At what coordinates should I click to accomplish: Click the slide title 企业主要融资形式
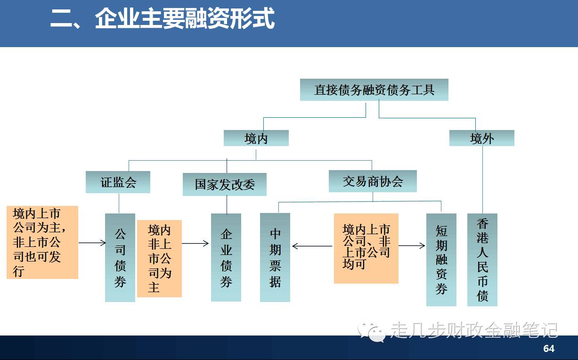(x=162, y=20)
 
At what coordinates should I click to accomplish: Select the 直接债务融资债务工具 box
(x=374, y=90)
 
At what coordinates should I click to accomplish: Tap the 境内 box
(x=256, y=139)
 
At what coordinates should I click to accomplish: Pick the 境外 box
(x=481, y=139)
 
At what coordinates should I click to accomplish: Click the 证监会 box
(x=118, y=182)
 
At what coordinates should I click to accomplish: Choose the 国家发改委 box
(x=224, y=184)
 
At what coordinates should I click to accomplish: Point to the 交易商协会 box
(x=373, y=181)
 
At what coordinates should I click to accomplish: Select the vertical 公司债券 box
(x=120, y=257)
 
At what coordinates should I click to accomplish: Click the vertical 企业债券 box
(x=226, y=257)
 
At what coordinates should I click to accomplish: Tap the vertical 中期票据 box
(x=275, y=257)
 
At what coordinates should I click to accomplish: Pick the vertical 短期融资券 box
(x=441, y=260)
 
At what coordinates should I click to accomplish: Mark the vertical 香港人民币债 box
(x=482, y=260)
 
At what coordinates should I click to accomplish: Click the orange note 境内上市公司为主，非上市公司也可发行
(x=42, y=242)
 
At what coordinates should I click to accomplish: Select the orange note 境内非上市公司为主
(x=159, y=258)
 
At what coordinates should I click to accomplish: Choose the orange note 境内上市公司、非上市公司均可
(x=366, y=248)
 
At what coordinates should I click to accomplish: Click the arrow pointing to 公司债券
(x=92, y=243)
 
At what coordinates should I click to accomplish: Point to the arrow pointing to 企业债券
(x=195, y=243)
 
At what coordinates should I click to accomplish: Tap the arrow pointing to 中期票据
(x=312, y=246)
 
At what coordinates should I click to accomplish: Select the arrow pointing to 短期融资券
(x=412, y=245)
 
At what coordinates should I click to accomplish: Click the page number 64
(x=549, y=349)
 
